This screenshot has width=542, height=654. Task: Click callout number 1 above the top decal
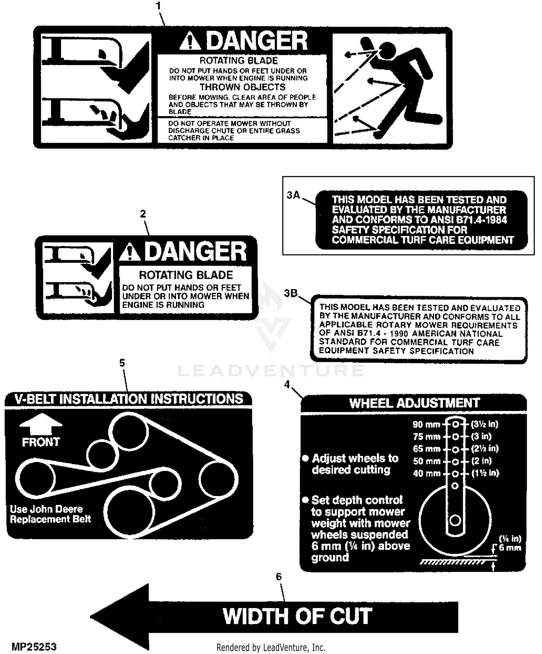click(x=158, y=6)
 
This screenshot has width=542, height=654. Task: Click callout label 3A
click(x=293, y=195)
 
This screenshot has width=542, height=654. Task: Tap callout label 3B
click(x=291, y=293)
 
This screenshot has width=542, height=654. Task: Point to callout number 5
click(x=122, y=363)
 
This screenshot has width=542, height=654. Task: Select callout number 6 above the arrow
click(x=279, y=577)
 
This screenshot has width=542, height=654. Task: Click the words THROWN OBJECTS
click(x=242, y=87)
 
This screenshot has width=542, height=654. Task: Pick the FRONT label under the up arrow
click(x=41, y=442)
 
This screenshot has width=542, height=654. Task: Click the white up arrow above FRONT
click(x=41, y=424)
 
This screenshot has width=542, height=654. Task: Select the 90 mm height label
click(x=426, y=424)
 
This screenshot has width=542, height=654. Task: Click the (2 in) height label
click(x=482, y=461)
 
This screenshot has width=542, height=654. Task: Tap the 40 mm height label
click(x=427, y=474)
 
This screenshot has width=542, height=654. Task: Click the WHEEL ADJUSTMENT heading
click(x=414, y=403)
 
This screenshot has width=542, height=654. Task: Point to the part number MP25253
click(x=34, y=646)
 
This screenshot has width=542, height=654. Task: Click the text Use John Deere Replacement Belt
click(x=50, y=514)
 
